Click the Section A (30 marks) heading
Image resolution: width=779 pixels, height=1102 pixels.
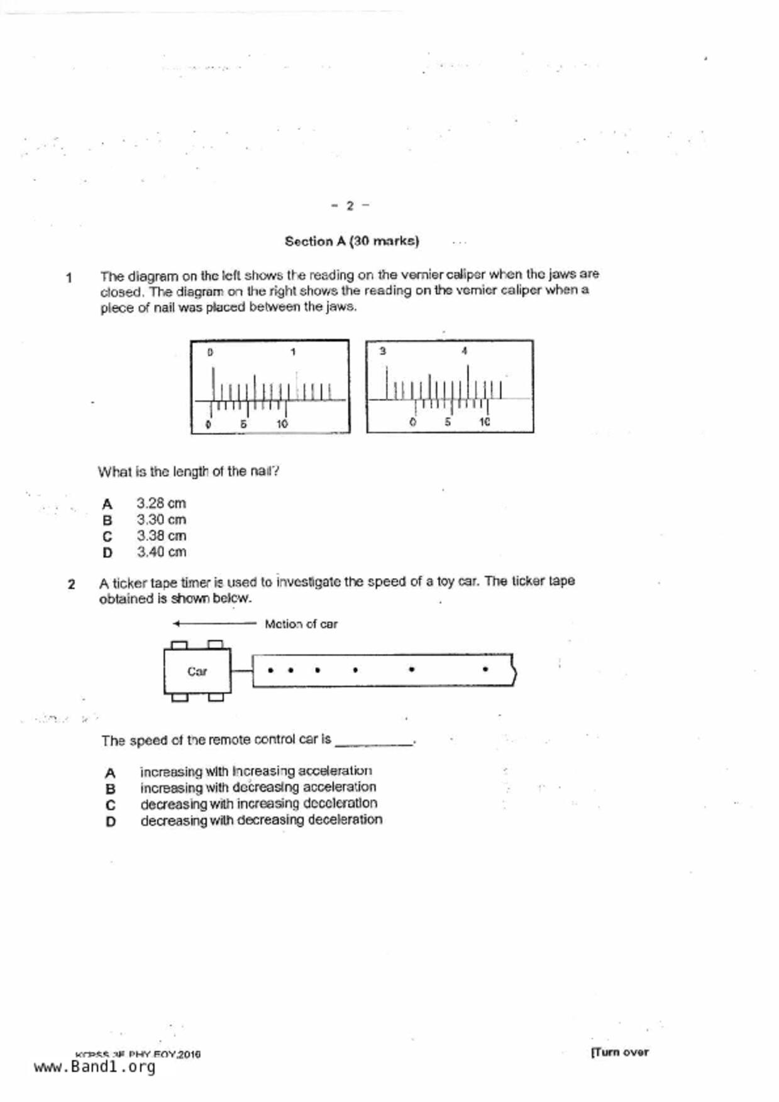(x=351, y=241)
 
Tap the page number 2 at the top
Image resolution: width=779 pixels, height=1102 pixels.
(x=350, y=205)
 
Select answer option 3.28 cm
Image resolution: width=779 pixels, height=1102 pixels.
(x=161, y=503)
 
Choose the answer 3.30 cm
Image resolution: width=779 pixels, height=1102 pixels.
(x=161, y=520)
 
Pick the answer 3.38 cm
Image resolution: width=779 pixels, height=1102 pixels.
(x=161, y=536)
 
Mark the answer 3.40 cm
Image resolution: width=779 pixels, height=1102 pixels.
(x=161, y=552)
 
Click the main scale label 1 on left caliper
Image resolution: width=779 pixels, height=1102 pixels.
(x=293, y=352)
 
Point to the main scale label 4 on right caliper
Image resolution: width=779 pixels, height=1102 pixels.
(x=464, y=351)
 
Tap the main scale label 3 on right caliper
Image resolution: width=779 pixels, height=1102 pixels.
(x=382, y=351)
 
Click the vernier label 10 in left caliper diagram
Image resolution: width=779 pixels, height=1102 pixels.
(x=282, y=424)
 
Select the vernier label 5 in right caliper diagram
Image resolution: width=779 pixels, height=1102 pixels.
(x=448, y=422)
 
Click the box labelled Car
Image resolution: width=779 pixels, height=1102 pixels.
(x=197, y=671)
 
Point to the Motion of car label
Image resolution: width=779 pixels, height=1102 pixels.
(x=301, y=624)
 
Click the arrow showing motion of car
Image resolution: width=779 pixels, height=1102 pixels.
(x=214, y=624)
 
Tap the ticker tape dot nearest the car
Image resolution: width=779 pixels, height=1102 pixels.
(x=270, y=670)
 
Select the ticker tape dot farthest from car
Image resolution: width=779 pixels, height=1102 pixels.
(x=485, y=669)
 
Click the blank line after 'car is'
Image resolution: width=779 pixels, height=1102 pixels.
(x=374, y=743)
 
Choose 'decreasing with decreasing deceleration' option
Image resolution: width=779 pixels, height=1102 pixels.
(x=261, y=820)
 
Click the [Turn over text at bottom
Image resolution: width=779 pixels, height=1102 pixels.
(x=619, y=1052)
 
